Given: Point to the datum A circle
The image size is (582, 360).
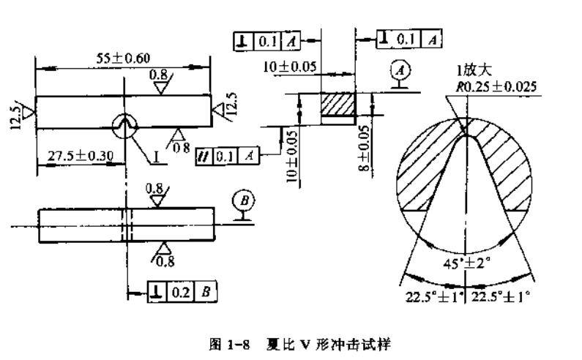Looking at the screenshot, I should click(399, 71).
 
